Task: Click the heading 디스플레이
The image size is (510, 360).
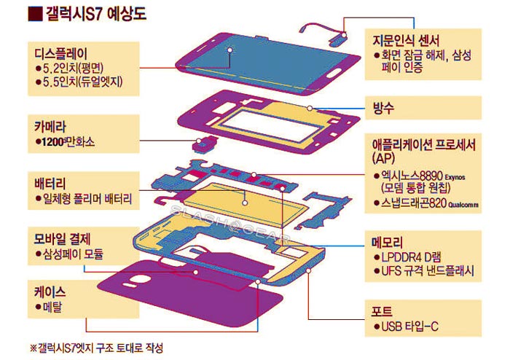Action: [60, 54]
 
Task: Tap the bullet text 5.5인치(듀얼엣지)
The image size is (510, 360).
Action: [83, 82]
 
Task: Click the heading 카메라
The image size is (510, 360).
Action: [50, 127]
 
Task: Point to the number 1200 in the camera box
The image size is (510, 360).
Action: [52, 142]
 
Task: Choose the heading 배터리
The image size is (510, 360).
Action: [50, 184]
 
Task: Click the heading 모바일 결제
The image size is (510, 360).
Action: [62, 239]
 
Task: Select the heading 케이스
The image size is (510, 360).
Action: [50, 292]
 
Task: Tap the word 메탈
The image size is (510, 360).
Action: [52, 307]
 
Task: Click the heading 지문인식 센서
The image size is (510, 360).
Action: [406, 41]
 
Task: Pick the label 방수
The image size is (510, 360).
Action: [383, 108]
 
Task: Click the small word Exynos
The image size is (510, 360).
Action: [455, 178]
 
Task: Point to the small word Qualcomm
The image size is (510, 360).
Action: [463, 205]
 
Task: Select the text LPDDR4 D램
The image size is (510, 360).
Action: [411, 257]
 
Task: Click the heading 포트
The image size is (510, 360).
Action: [382, 311]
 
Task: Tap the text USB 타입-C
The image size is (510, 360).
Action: [409, 326]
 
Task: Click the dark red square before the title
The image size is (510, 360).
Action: [35, 14]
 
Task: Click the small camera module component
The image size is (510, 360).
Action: [204, 144]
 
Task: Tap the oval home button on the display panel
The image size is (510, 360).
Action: [334, 73]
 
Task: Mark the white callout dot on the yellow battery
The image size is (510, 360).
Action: [245, 203]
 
